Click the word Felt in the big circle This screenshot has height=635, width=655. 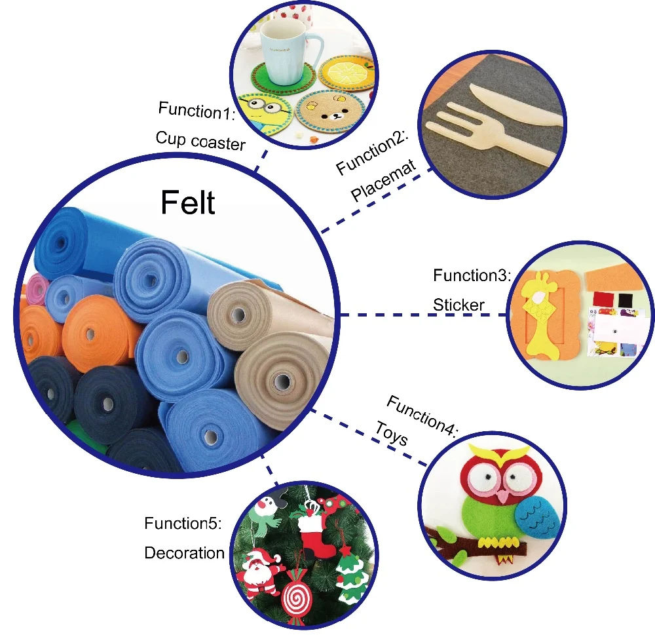187,202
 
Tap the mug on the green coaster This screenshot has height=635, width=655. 284,56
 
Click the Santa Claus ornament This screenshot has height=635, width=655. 259,570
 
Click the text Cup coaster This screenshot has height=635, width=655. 200,140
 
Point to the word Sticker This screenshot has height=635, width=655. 458,305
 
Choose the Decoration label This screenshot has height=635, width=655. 184,552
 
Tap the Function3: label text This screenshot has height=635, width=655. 472,275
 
